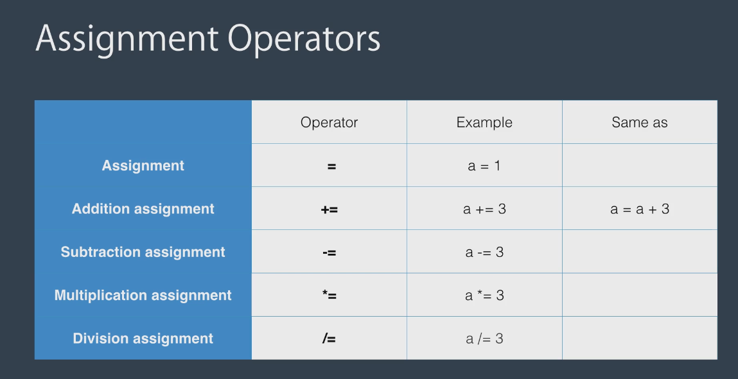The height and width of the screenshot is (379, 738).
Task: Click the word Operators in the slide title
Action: coord(304,38)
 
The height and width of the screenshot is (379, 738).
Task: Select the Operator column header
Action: coord(329,123)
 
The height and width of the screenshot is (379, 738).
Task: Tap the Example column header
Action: coord(484,123)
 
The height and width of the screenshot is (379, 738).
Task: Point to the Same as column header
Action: coord(640,123)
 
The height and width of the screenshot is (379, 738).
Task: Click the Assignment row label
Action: coord(143,166)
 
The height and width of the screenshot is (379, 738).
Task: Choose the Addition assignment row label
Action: coord(143,209)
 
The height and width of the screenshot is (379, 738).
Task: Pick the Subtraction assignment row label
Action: coord(143,252)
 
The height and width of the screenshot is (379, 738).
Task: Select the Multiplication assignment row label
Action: coord(143,295)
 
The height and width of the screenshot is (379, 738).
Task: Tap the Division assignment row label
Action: coord(143,339)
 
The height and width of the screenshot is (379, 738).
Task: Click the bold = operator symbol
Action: coord(331,166)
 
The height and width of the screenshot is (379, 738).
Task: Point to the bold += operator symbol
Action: coord(329,209)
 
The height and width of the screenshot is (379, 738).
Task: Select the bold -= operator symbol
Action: coord(329,253)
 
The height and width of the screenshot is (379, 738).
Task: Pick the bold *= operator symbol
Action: coord(329,295)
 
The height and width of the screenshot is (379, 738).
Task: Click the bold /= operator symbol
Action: coord(329,339)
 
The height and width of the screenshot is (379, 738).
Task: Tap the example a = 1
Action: coord(484,166)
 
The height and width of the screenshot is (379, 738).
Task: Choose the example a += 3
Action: coord(484,209)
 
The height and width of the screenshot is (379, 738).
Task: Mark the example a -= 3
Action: coord(484,252)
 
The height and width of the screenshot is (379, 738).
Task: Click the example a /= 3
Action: coord(484,339)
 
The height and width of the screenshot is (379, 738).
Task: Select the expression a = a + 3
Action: coord(640,209)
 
